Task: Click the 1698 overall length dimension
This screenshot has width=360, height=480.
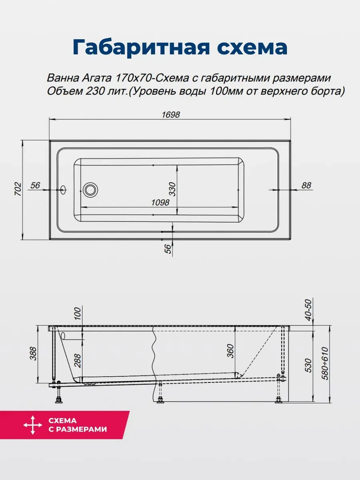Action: pos(171,115)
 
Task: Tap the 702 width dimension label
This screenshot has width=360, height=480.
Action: pos(18,189)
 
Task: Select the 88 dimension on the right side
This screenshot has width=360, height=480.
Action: pos(306,186)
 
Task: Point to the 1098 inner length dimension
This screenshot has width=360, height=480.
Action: pos(160,202)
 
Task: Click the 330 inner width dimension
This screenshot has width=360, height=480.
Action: pos(172,189)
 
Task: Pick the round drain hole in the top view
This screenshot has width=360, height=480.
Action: pos(90,190)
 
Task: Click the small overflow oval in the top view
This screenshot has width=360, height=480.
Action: pos(63,190)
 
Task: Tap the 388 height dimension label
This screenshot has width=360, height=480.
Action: pos(33,353)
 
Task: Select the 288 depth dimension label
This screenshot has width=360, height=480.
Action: pos(78,361)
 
